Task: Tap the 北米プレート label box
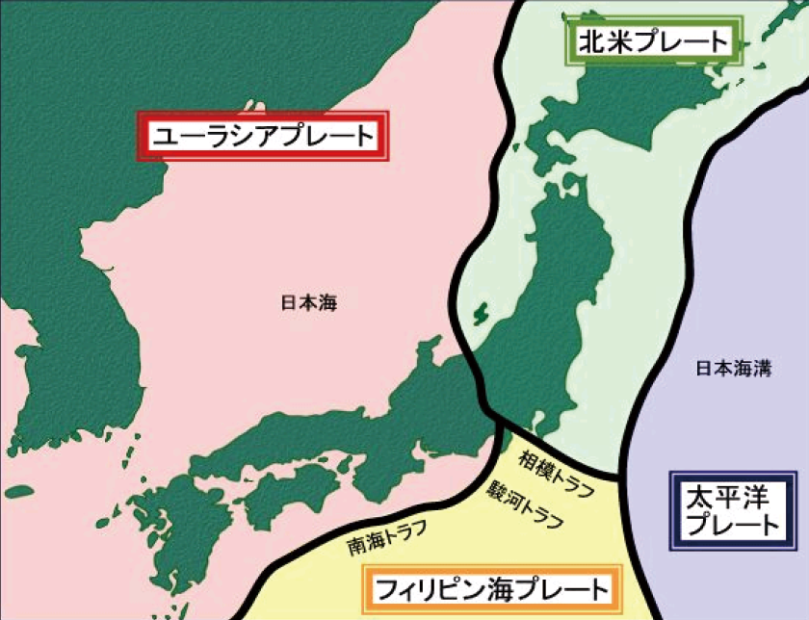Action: pos(654,42)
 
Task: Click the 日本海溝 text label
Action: pos(733,369)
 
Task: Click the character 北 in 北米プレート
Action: pos(590,42)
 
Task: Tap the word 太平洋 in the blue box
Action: pos(735,498)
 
